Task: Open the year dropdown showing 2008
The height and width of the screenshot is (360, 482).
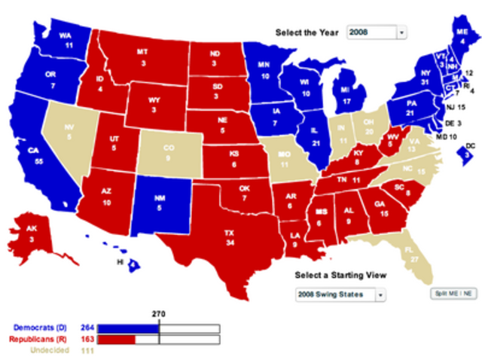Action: click(x=376, y=32)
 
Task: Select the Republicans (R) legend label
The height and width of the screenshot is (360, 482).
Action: click(x=44, y=340)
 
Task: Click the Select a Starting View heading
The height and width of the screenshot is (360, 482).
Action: click(x=336, y=276)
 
